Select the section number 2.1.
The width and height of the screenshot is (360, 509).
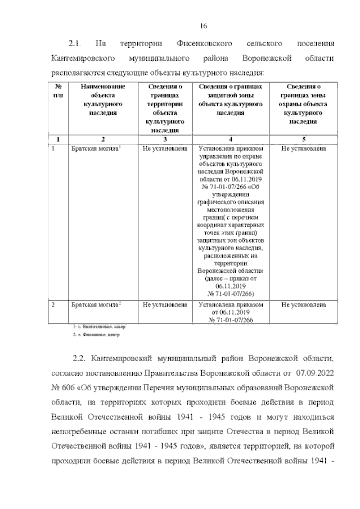(75, 43)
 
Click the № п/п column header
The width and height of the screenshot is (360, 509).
(58, 91)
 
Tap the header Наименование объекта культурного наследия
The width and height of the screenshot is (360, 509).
(102, 100)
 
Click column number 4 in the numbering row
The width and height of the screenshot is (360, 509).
(231, 138)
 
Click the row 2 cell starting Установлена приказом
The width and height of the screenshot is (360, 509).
(231, 312)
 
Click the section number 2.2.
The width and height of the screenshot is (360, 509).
(79, 358)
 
